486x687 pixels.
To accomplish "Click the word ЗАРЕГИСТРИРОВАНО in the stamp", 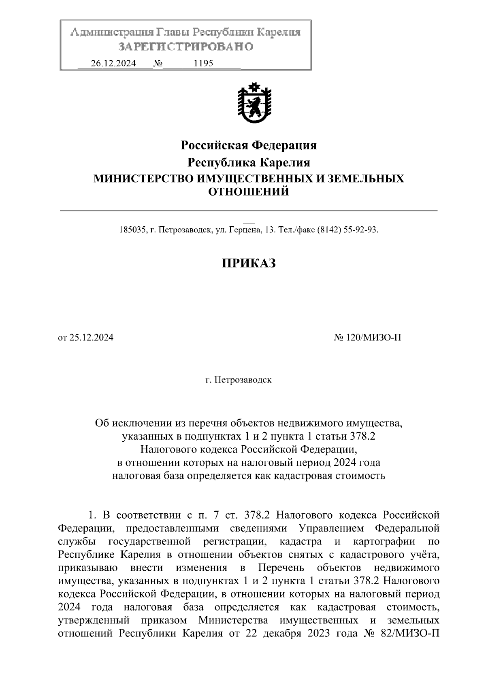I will [x=185, y=47].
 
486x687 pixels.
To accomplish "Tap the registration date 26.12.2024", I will [x=113, y=64].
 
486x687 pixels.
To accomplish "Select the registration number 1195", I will [x=204, y=64].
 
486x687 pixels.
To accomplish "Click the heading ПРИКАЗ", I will [x=249, y=264].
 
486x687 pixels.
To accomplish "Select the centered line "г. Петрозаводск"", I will [x=239, y=380].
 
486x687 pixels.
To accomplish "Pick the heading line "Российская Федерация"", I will [x=248, y=145].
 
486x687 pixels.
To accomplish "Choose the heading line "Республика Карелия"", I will [x=248, y=163].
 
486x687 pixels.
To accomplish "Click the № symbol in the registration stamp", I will [x=158, y=64].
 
